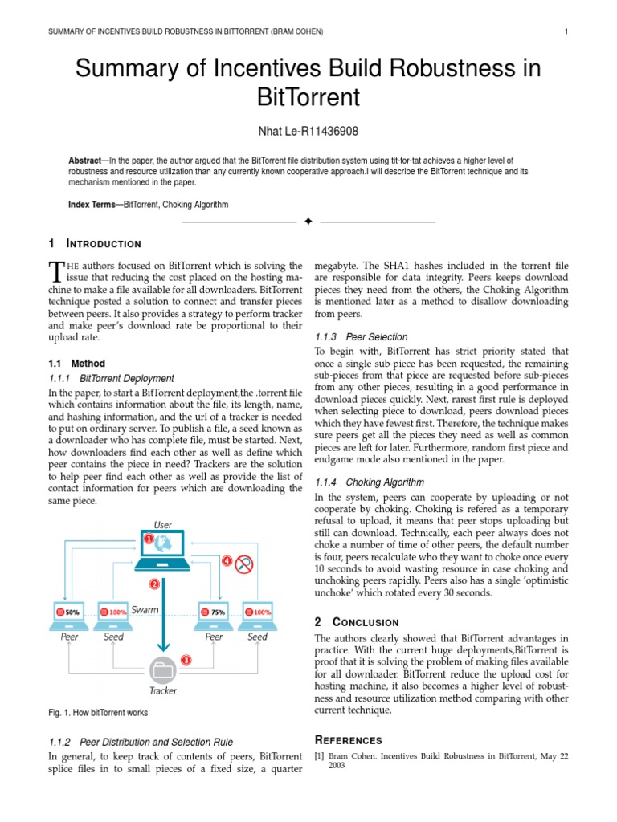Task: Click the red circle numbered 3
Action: click(186, 661)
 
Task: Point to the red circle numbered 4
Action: click(227, 560)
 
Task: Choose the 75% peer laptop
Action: click(215, 613)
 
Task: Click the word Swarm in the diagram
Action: click(145, 610)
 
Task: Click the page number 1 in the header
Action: click(567, 31)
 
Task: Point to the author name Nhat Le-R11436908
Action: click(308, 131)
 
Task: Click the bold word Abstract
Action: click(85, 161)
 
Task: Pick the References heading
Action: click(348, 740)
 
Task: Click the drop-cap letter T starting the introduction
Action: click(55, 271)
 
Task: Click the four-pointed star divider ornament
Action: click(308, 222)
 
